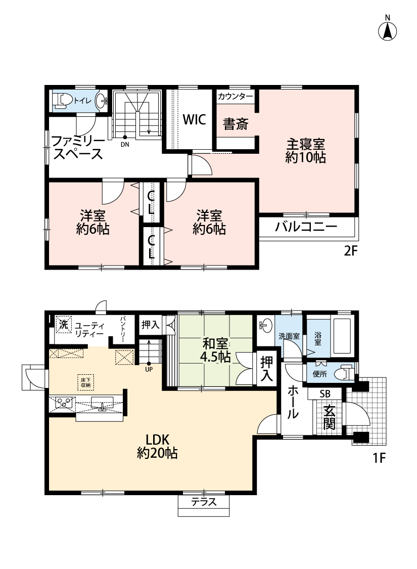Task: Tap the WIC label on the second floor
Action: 195,119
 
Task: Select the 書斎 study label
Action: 236,124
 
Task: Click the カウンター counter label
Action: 236,96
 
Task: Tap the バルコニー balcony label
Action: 306,227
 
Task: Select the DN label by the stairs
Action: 125,144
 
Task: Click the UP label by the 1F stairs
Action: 149,369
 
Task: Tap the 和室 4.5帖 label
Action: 215,350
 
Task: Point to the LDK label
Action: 157,440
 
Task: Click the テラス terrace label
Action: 204,502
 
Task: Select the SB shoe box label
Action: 325,394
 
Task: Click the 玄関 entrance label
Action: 329,417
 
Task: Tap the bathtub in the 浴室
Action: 342,336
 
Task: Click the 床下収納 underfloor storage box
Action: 85,382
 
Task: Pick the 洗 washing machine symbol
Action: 64,324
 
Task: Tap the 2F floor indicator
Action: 350,251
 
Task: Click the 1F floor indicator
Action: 379,458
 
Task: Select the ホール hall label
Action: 293,403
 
